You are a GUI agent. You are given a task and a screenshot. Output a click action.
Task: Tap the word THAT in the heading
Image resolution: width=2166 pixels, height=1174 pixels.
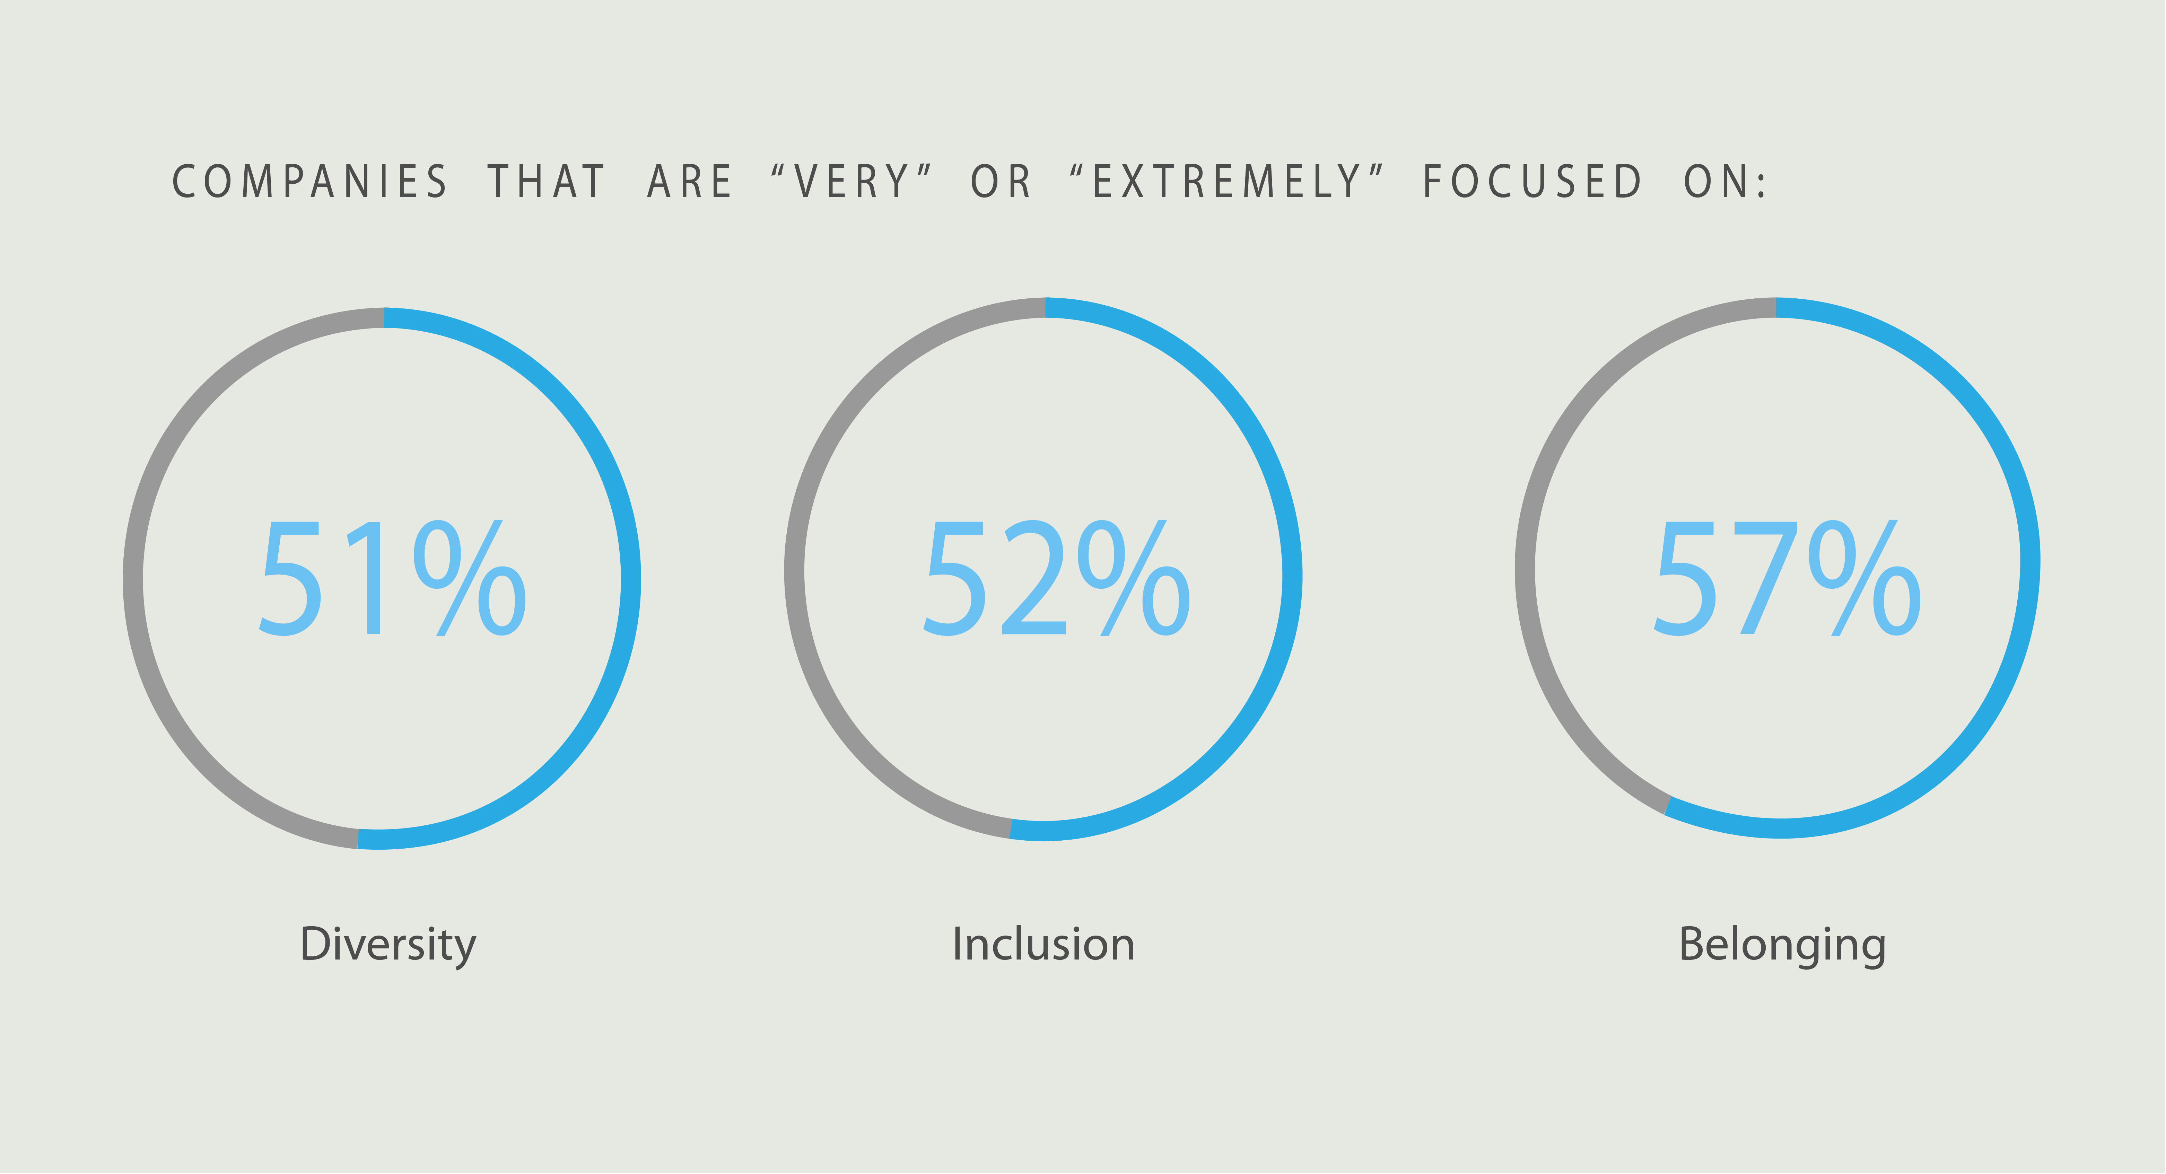(x=547, y=182)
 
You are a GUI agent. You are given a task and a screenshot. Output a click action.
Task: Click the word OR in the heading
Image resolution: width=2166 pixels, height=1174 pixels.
(x=1001, y=182)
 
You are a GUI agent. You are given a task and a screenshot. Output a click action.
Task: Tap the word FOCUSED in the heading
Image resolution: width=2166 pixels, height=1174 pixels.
(x=1532, y=182)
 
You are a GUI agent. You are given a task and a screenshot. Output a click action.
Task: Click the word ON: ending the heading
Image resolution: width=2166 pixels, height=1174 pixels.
(x=1726, y=182)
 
